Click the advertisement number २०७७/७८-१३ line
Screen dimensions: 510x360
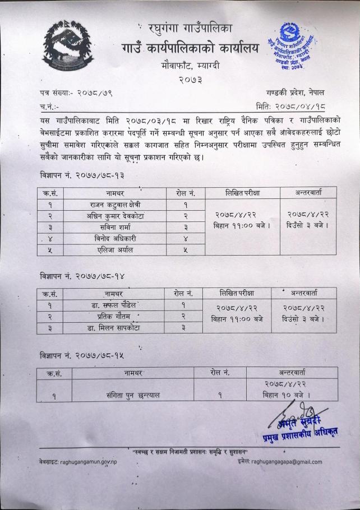coord(82,175)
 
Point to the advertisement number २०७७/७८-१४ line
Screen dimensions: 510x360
coord(82,276)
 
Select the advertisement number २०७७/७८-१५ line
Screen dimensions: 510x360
coord(82,355)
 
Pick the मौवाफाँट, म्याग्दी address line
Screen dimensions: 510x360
coord(190,66)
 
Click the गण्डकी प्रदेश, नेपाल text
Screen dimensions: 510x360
coord(296,91)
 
